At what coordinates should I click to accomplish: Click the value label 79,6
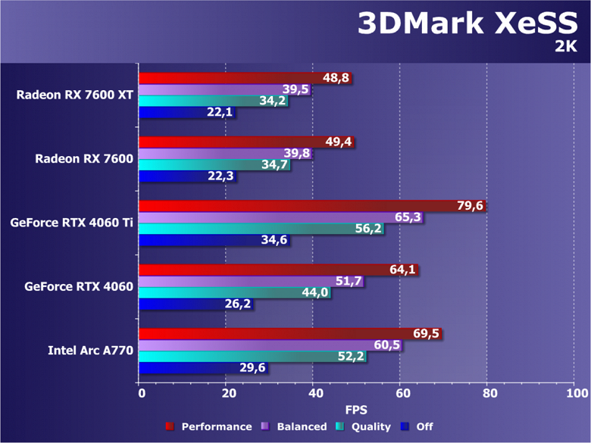point(471,205)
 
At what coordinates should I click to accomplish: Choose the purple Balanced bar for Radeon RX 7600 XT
point(212,89)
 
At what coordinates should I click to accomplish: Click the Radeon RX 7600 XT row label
point(74,95)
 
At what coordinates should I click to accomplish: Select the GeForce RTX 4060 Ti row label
point(71,223)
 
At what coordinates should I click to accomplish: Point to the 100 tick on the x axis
point(576,394)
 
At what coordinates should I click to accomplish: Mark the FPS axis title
point(358,410)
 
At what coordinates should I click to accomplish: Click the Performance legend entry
point(208,427)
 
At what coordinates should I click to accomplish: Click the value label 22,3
point(220,176)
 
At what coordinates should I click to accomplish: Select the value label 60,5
point(387,345)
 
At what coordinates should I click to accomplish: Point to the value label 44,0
point(315,292)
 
